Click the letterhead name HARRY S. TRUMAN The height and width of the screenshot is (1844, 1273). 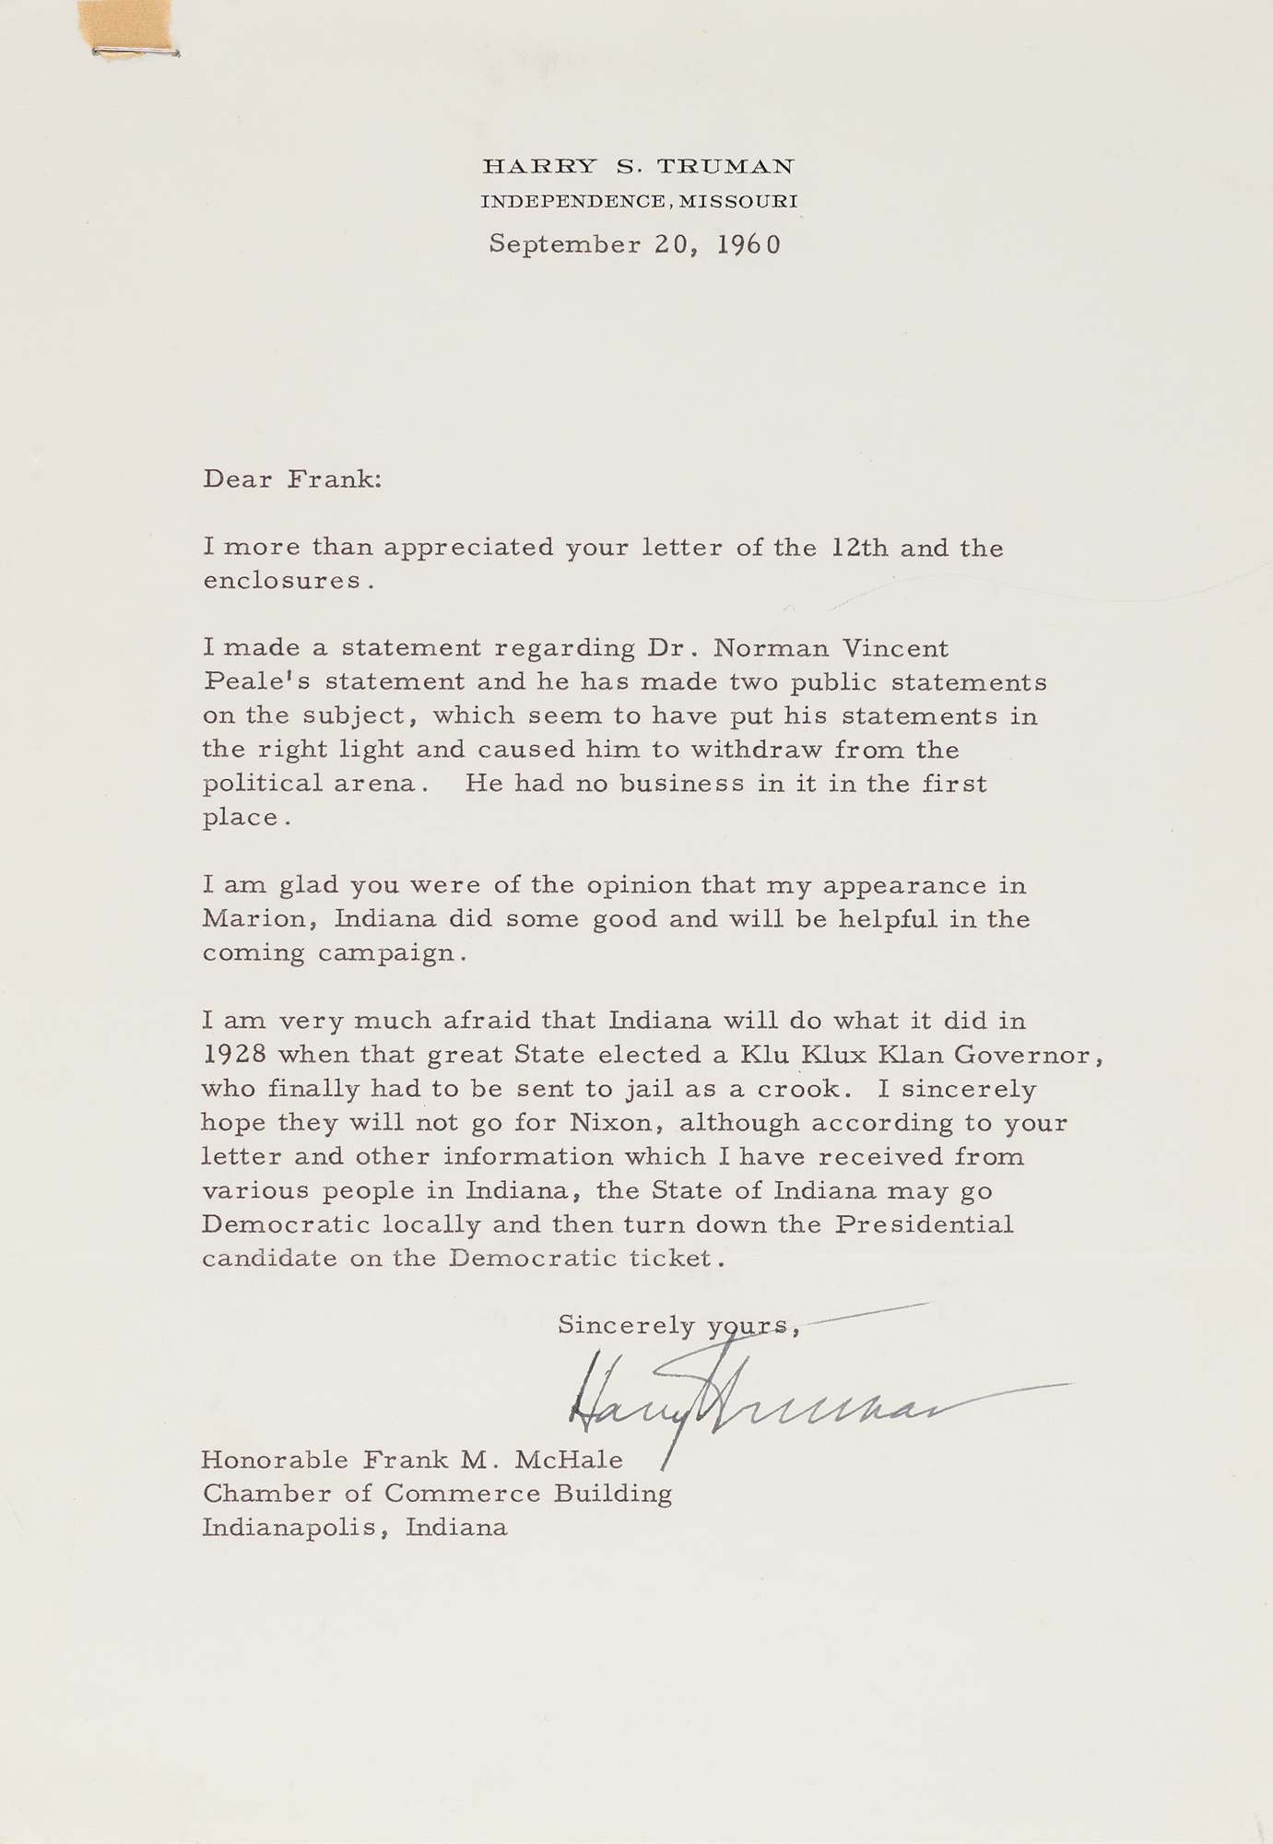tap(638, 167)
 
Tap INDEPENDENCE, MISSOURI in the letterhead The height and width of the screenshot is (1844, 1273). tap(639, 201)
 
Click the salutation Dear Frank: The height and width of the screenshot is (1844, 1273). tap(291, 479)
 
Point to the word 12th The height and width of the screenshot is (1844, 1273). tap(859, 548)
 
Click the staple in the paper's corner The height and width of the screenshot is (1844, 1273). tap(136, 53)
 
